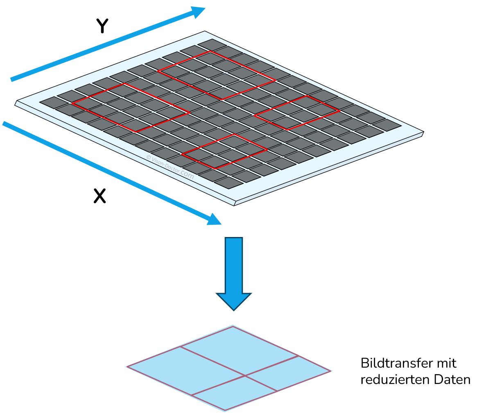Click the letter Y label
102,26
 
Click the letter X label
99,196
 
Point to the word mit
446,363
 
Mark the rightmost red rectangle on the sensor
297,113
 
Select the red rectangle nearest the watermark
224,151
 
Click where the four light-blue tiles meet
245,375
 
